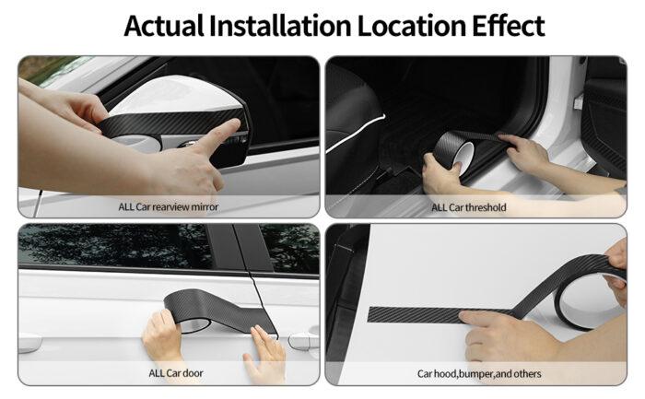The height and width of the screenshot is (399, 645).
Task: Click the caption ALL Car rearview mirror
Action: coord(169,206)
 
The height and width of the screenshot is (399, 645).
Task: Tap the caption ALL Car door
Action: coord(170,372)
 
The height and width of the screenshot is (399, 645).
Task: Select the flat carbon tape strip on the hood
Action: coord(415,313)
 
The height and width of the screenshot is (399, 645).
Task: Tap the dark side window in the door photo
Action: coord(111,246)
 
